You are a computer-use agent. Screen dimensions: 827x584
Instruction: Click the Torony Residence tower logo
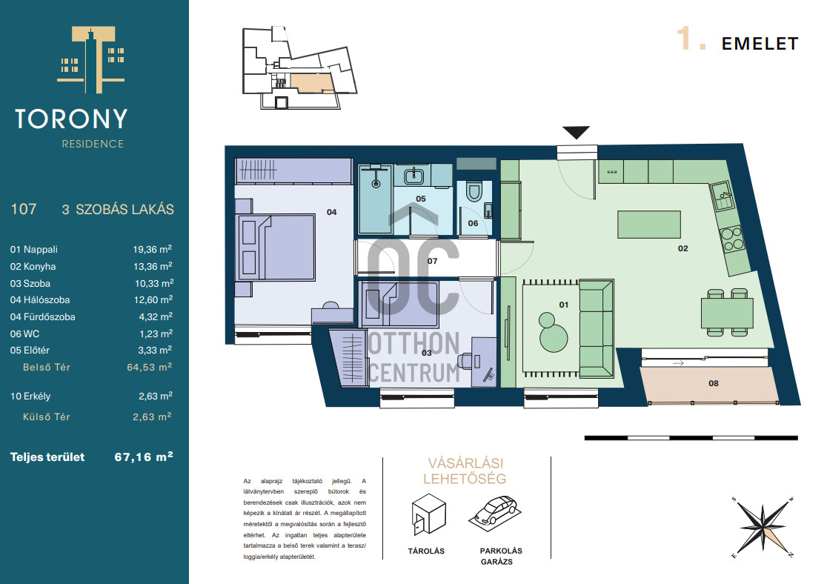tap(91, 59)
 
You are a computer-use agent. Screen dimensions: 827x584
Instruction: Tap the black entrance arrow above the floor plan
tap(576, 132)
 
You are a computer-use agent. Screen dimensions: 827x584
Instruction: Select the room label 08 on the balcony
tap(713, 384)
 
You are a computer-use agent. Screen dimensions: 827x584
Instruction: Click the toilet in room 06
tap(474, 192)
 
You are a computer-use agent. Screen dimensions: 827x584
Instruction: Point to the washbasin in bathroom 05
tap(414, 175)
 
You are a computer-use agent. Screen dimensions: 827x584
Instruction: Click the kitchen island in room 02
tap(648, 225)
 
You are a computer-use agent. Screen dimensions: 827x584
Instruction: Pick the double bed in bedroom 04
tap(276, 247)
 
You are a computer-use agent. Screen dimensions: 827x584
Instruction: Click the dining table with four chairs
tap(727, 312)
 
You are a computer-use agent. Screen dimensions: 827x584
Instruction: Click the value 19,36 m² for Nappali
tap(152, 249)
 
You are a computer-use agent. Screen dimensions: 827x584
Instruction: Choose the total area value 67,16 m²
tap(144, 457)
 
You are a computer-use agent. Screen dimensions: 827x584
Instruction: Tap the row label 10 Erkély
tap(30, 396)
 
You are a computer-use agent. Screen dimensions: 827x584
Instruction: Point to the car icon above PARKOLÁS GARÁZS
tap(494, 511)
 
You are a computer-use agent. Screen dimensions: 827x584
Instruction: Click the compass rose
tap(763, 526)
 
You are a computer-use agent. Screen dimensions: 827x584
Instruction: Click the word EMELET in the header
tap(760, 44)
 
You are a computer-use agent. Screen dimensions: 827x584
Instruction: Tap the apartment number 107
tap(24, 210)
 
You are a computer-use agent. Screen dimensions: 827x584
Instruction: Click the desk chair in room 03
tap(465, 360)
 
